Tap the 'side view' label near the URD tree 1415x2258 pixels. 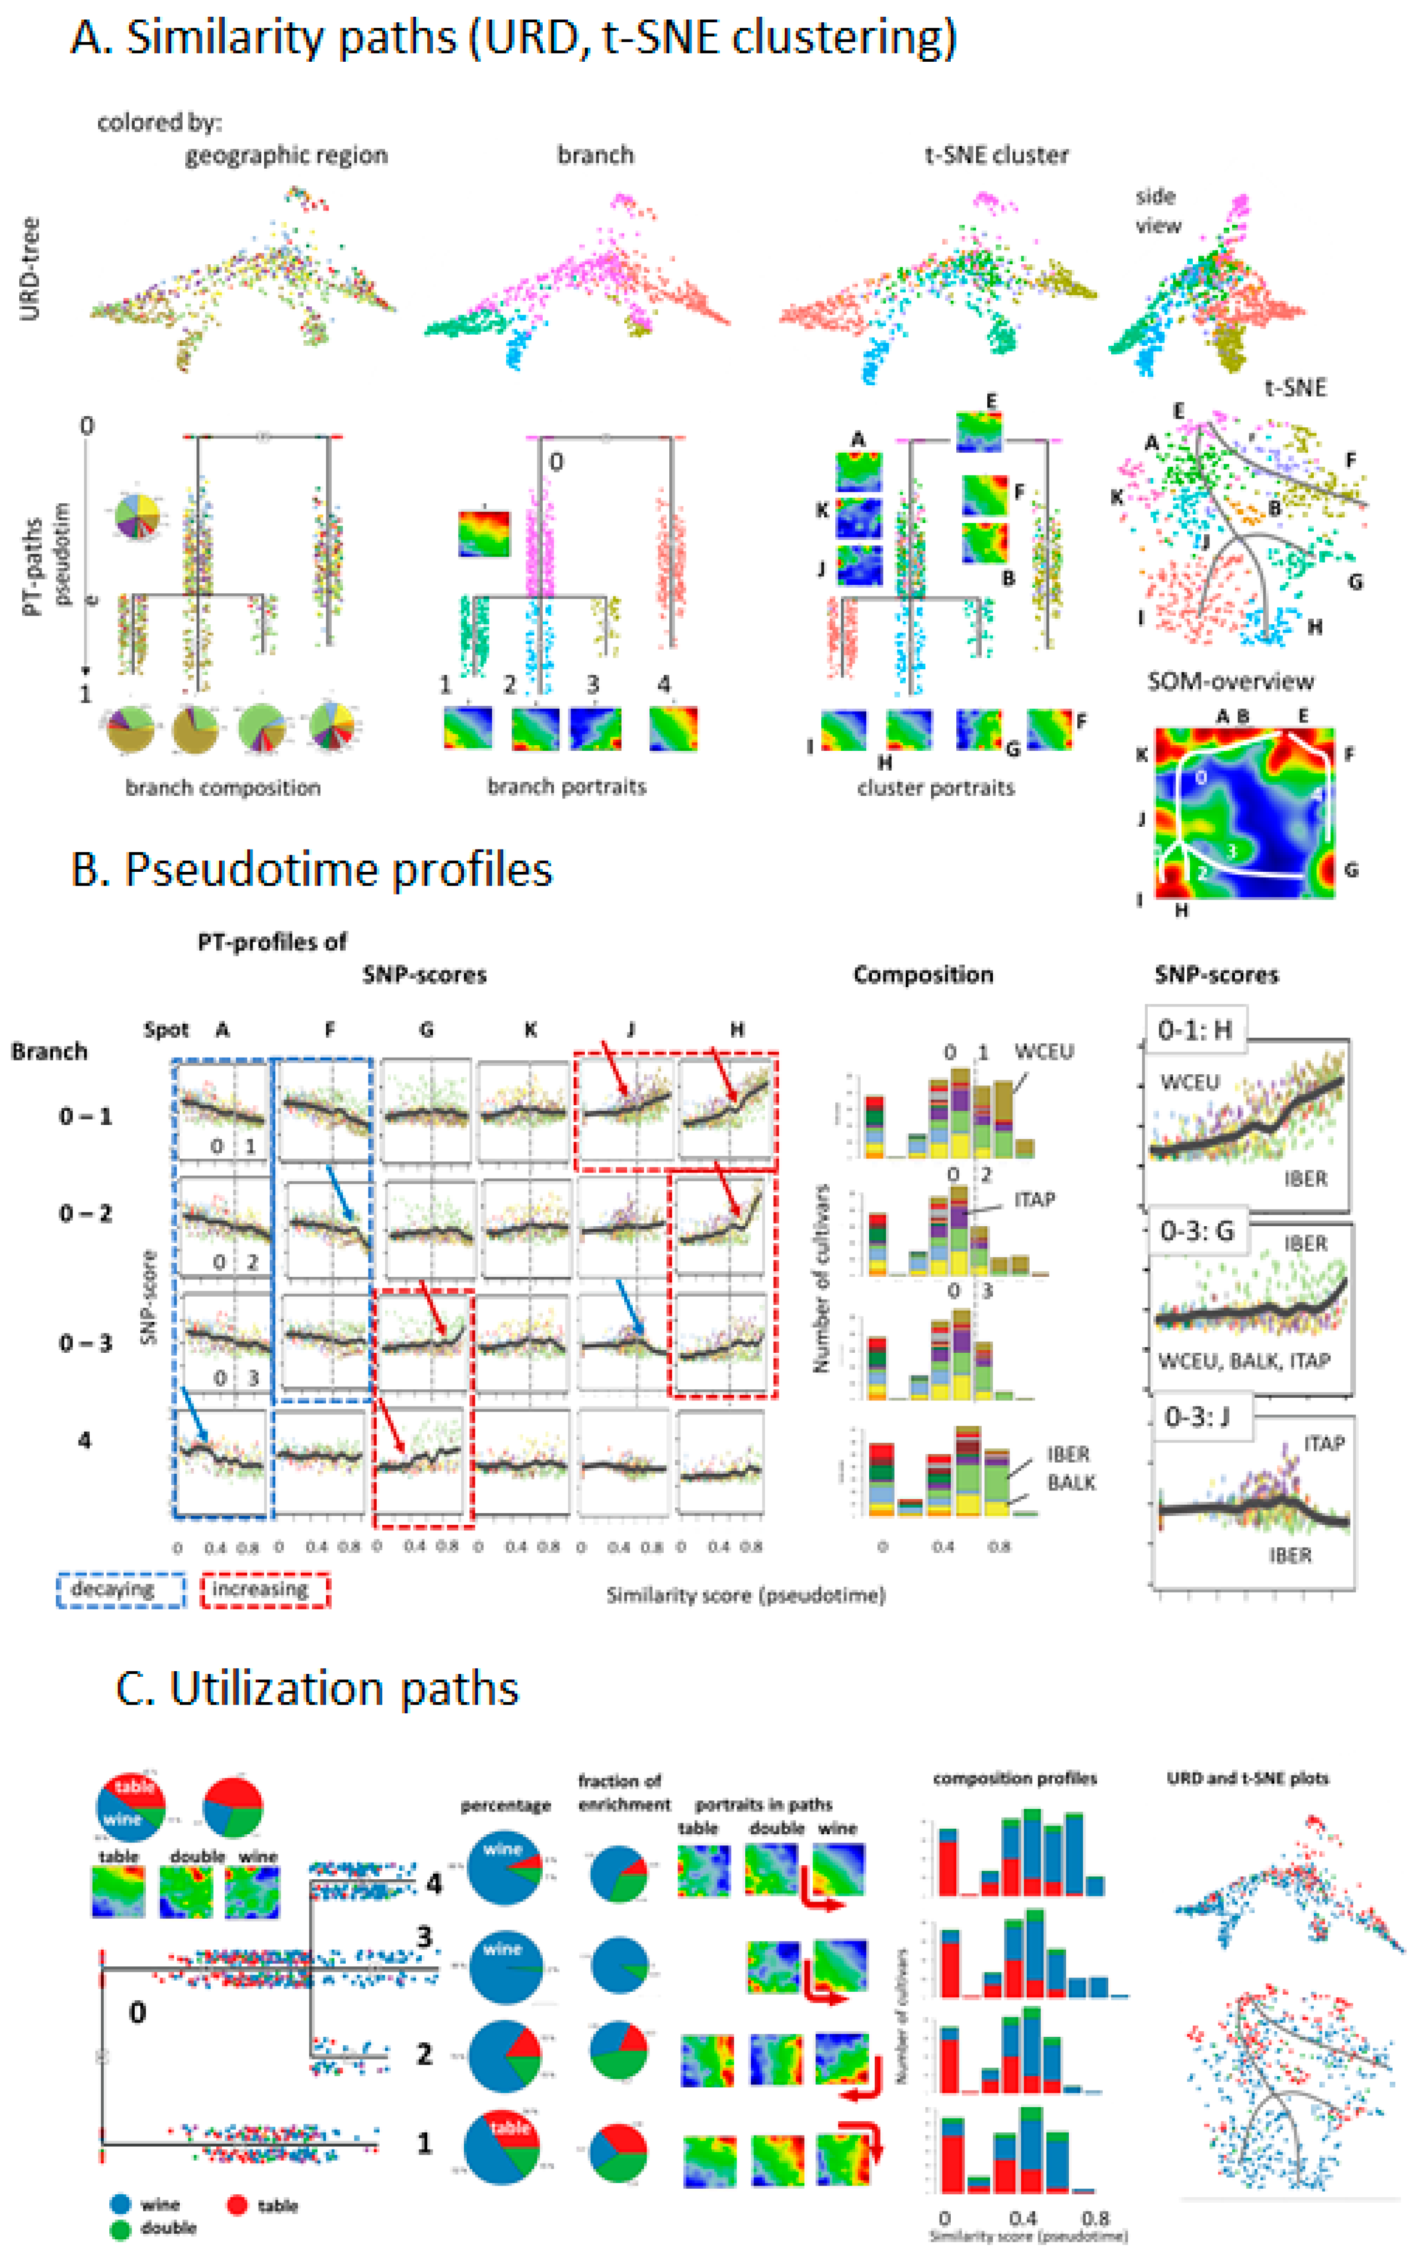point(1158,211)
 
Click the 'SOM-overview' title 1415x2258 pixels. point(1231,681)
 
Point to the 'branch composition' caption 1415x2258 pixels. point(223,788)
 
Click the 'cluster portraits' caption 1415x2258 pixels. point(936,788)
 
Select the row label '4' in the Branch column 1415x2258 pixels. point(84,1440)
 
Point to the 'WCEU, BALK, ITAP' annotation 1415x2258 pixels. point(1244,1360)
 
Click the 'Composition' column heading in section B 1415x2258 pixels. point(923,975)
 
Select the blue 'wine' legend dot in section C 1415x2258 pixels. point(120,2205)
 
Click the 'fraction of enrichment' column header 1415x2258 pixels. point(624,1792)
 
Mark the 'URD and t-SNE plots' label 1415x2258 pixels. point(1247,1778)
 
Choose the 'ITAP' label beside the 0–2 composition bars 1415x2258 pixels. point(1034,1200)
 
